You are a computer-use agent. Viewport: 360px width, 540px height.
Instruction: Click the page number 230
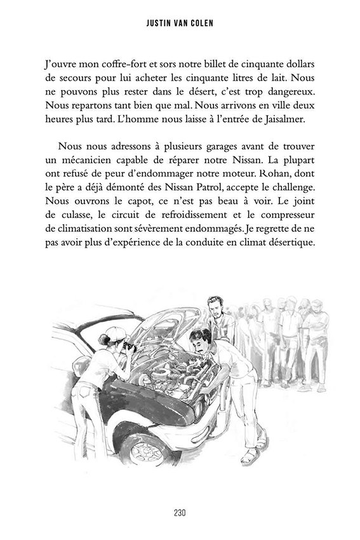[x=180, y=513]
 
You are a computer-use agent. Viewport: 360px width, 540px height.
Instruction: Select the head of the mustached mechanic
[x=201, y=340]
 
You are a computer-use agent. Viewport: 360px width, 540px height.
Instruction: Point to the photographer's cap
[x=114, y=332]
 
